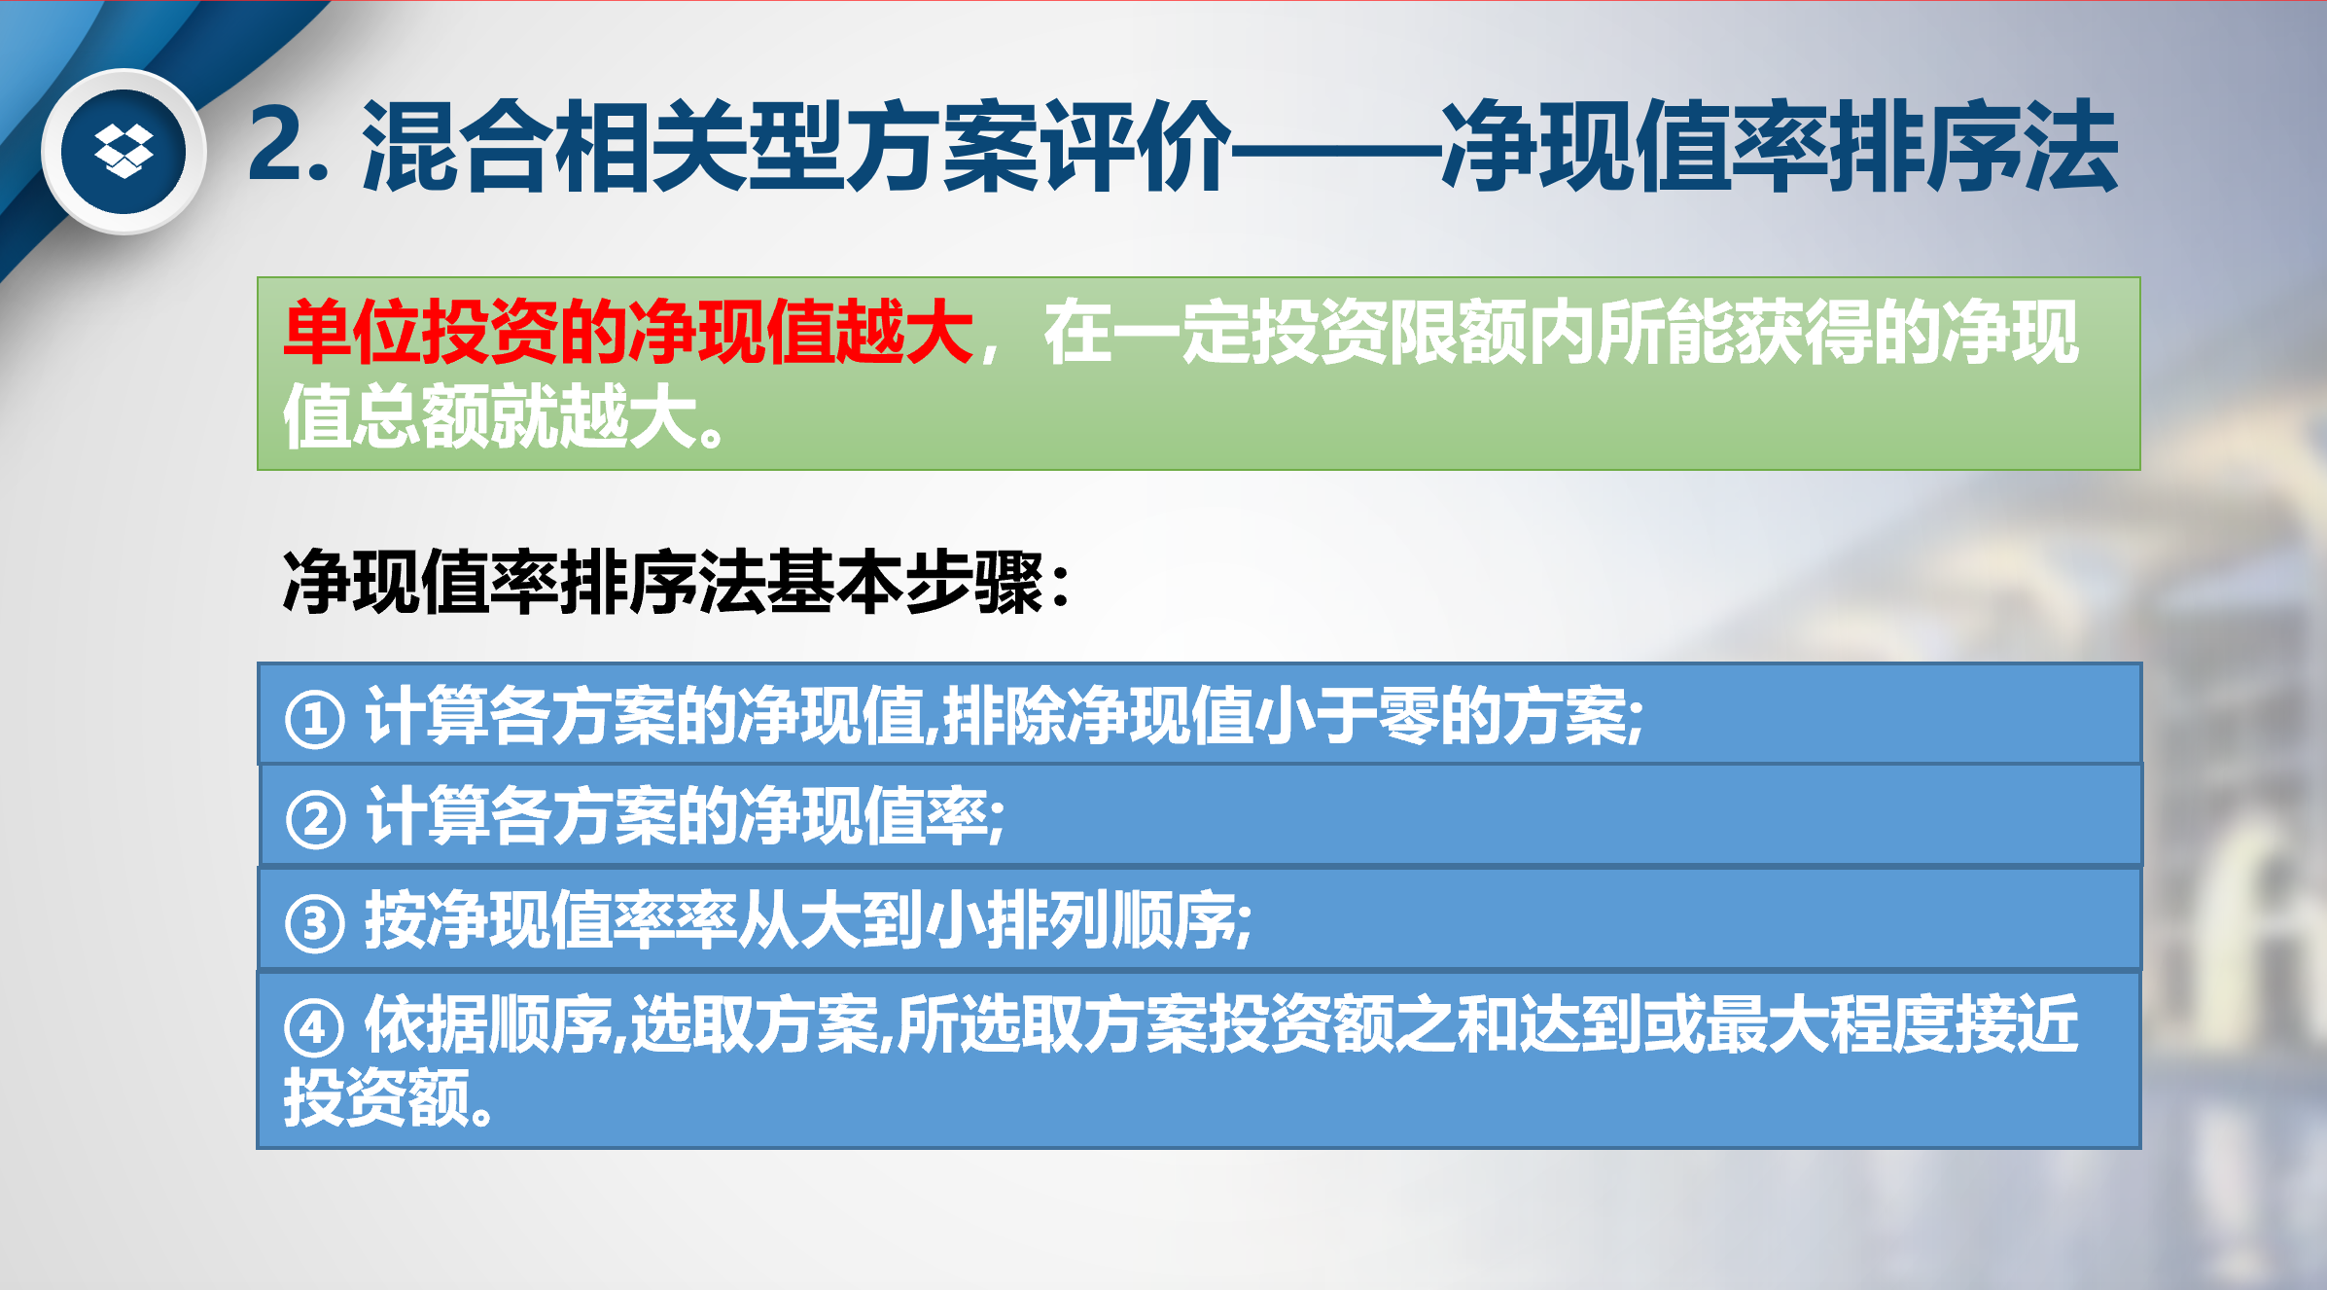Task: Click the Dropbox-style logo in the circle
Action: click(123, 151)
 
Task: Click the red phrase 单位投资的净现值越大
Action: click(628, 332)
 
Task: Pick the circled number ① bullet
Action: click(314, 719)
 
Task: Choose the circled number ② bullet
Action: click(315, 819)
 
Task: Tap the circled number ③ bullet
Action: click(314, 922)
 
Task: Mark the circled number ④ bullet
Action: click(313, 1026)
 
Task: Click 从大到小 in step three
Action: click(861, 919)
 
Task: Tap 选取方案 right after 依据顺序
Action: click(755, 1023)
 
